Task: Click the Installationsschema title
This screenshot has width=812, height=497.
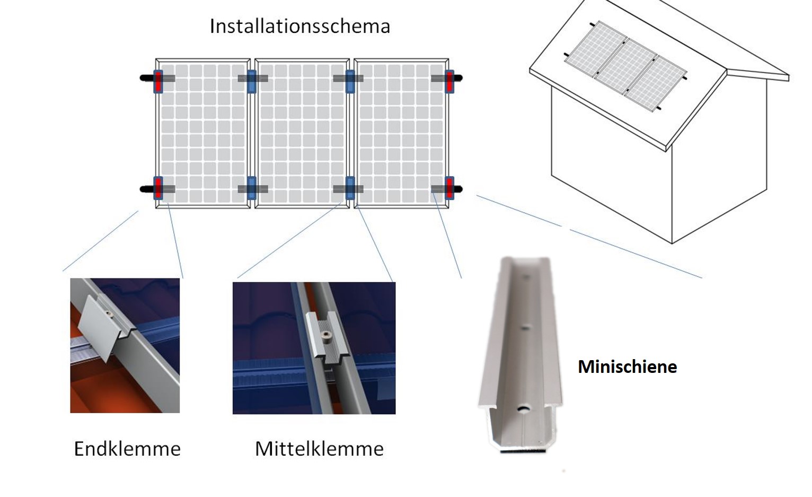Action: point(300,26)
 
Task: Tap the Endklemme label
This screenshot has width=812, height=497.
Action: point(127,449)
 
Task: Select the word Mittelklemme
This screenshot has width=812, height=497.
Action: point(320,449)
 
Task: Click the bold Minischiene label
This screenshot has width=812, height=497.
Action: point(627,367)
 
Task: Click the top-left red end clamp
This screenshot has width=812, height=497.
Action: point(158,82)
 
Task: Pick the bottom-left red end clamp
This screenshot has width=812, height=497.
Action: point(158,188)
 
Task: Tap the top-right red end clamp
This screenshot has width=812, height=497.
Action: point(449,82)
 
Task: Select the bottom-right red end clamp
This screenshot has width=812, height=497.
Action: point(449,188)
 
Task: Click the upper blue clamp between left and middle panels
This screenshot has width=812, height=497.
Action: point(252,82)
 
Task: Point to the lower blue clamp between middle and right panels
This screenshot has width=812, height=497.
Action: point(350,188)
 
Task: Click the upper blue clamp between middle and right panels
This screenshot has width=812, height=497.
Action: point(350,82)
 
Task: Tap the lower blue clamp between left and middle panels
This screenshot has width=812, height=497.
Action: point(252,188)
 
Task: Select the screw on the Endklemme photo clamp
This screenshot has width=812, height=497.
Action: point(108,313)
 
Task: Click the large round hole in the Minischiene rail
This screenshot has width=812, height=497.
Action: point(523,408)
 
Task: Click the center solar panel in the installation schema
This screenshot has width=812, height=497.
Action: point(302,133)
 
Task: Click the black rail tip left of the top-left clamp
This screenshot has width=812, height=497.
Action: point(144,77)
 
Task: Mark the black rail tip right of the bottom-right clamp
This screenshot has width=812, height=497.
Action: point(458,189)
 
